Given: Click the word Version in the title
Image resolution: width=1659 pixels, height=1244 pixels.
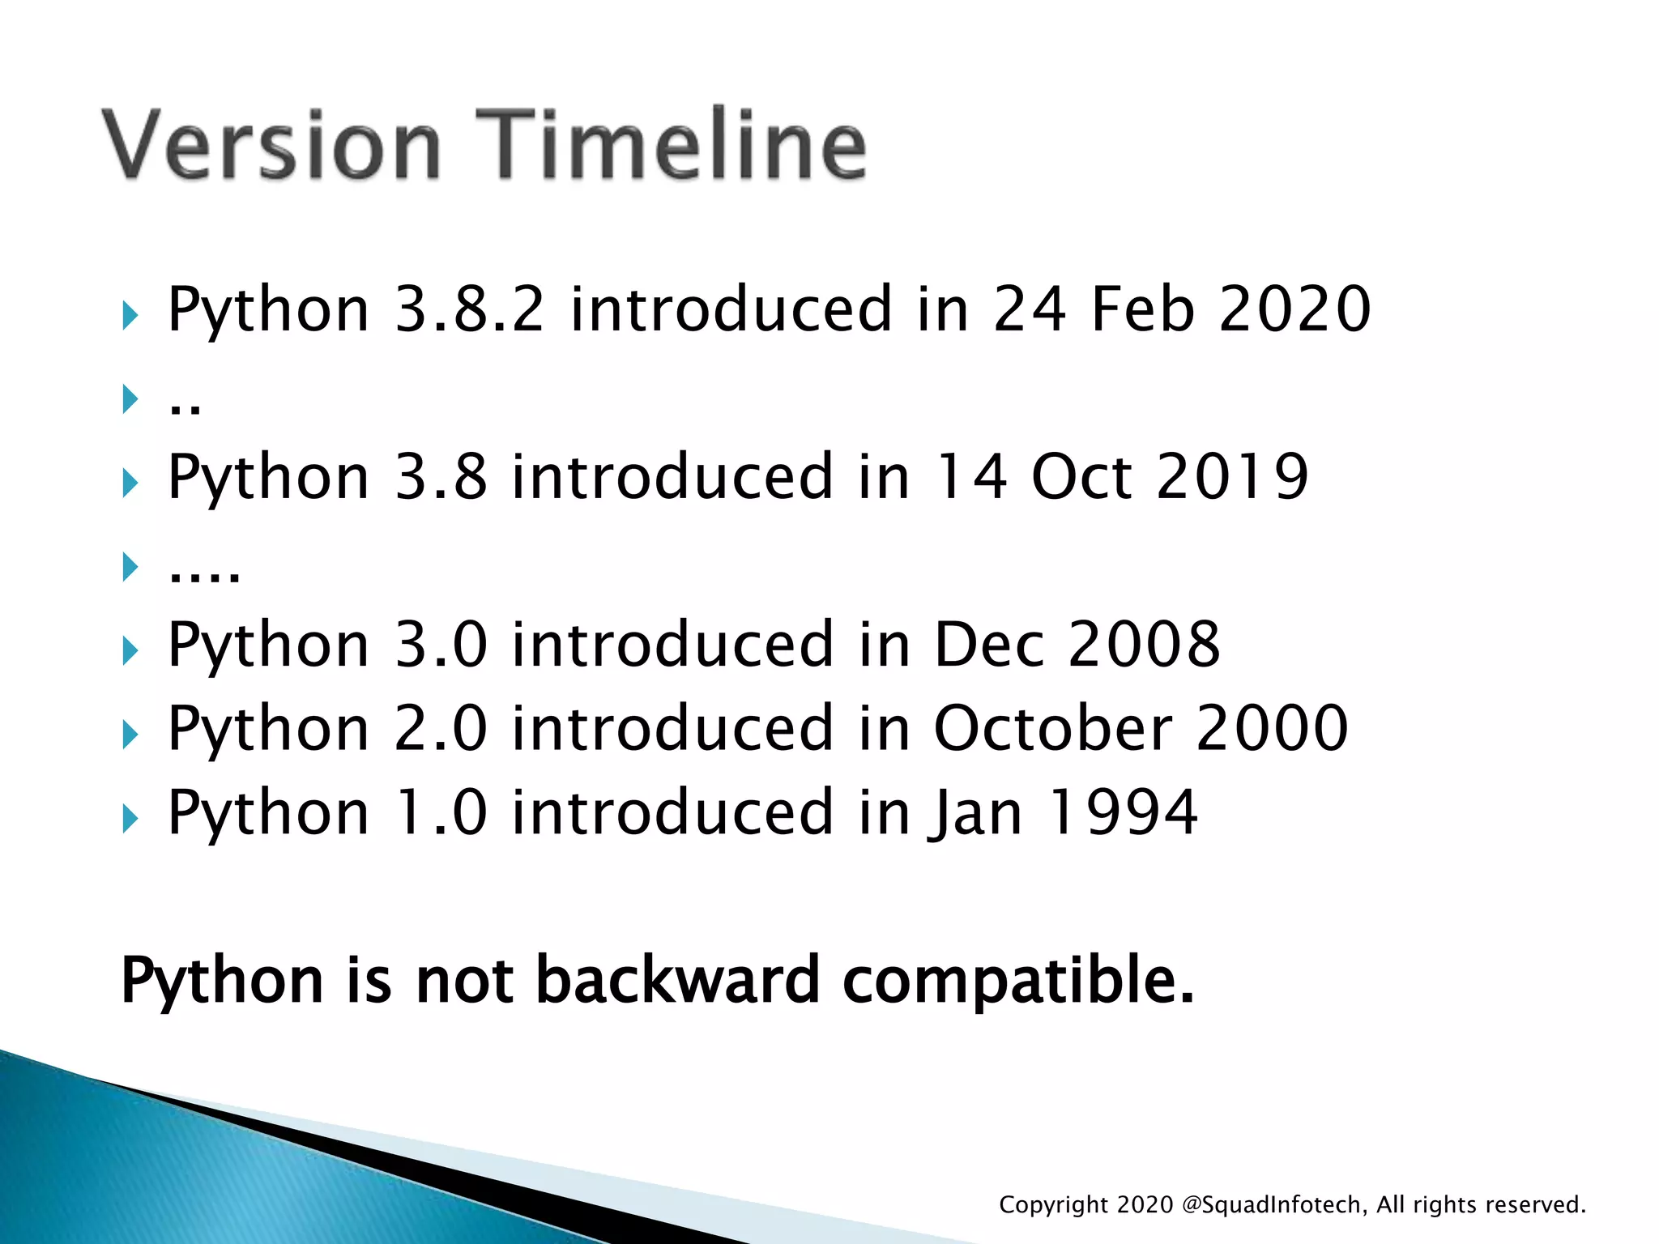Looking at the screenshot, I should click(271, 146).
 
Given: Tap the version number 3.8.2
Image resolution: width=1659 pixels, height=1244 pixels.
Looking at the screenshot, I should click(469, 309).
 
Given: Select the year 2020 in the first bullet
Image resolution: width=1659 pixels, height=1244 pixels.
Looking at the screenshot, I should click(1294, 309).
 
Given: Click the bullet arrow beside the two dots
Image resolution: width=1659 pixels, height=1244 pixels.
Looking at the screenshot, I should click(130, 398).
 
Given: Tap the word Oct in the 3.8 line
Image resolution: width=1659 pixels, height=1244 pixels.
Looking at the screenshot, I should click(1081, 477).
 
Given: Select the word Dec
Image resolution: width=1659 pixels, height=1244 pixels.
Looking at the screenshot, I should click(989, 645).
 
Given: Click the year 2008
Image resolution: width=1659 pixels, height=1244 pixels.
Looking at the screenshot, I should click(1144, 645).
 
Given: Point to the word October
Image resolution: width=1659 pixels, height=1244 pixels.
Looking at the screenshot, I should click(1052, 728).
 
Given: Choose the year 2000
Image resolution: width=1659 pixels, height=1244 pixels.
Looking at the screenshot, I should click(1272, 728).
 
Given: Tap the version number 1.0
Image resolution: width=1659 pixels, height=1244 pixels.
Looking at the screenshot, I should click(441, 812).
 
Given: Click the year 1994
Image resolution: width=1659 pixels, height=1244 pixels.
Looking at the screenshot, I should click(1122, 812).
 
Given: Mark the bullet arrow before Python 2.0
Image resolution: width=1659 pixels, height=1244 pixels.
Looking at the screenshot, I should click(130, 735).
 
